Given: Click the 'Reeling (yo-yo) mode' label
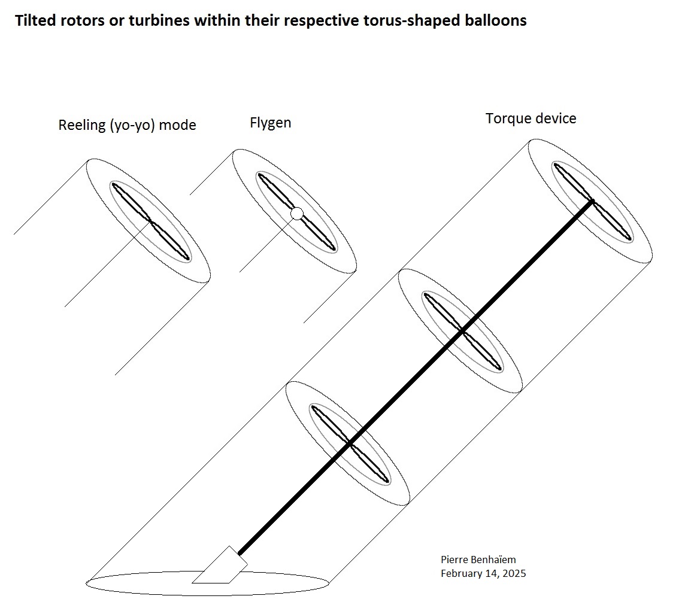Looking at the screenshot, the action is [x=127, y=126].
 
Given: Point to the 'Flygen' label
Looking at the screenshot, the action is [x=270, y=123].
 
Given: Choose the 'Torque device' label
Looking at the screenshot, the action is [x=531, y=119].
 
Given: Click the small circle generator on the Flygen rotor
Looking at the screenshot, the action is [x=297, y=214].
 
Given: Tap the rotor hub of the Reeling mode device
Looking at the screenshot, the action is [x=151, y=221].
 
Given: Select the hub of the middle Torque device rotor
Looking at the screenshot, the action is [x=462, y=330].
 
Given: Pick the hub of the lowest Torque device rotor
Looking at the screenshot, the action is [x=350, y=443].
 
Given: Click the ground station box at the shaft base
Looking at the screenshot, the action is [x=220, y=566].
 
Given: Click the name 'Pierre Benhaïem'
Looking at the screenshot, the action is [x=478, y=560].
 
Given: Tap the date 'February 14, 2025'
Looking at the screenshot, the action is [x=483, y=573].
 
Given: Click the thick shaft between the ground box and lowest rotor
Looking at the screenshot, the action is [x=294, y=499].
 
